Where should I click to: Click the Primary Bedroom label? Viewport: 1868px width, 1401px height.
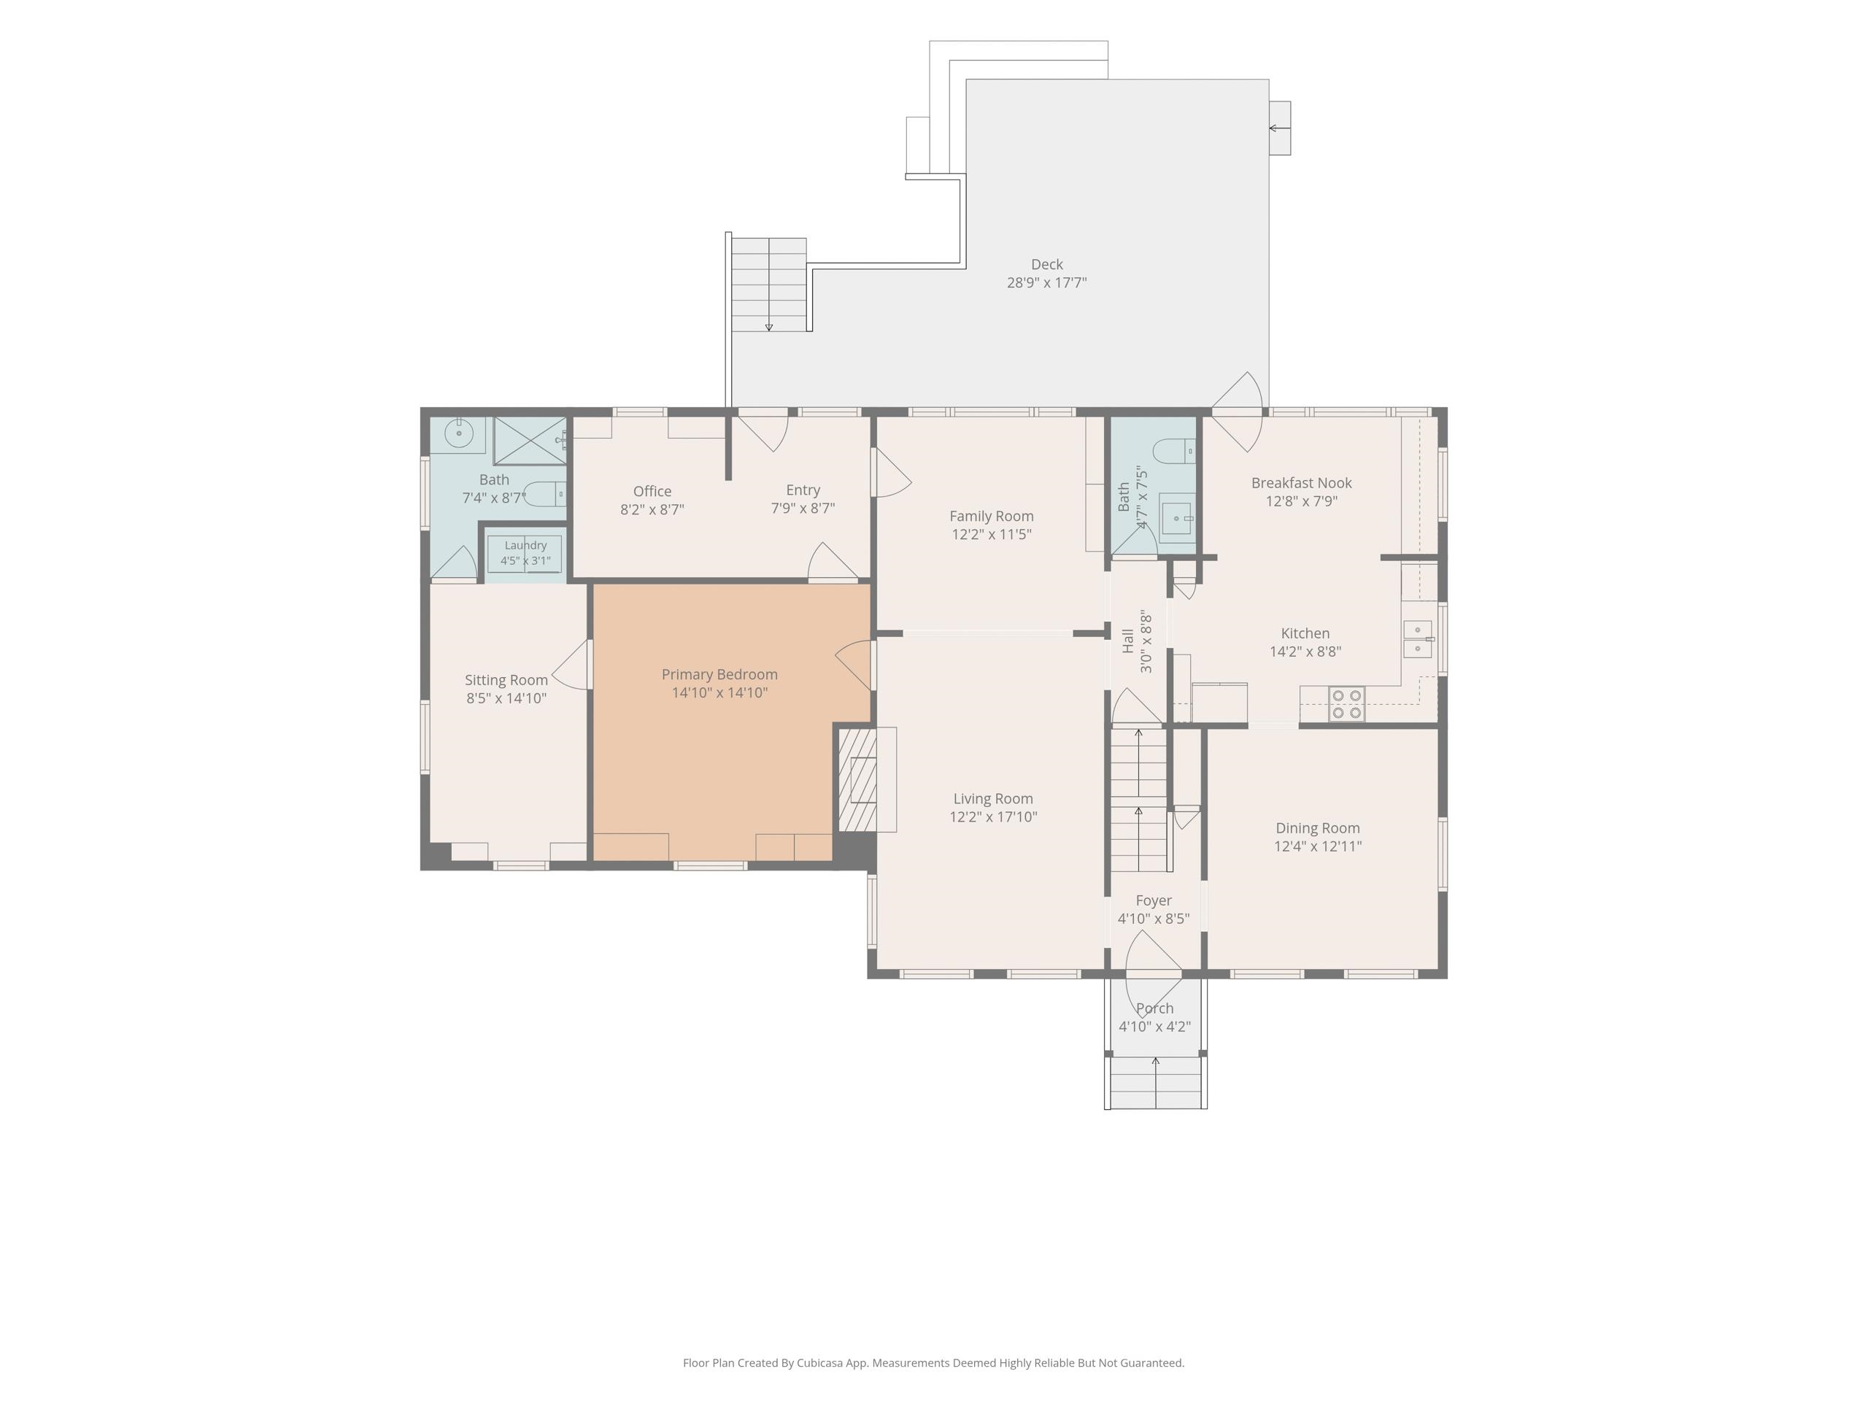(719, 674)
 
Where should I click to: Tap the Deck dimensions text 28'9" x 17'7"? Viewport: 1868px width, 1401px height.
(1046, 283)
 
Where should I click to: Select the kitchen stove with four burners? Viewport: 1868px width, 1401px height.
(1346, 704)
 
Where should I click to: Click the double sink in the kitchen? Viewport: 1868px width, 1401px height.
(1417, 639)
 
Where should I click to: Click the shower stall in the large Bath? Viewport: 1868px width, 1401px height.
(530, 440)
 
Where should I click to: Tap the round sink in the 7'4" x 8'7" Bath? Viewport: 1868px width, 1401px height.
(458, 433)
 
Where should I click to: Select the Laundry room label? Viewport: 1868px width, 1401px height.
(525, 546)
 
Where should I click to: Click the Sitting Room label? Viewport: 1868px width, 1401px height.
(506, 680)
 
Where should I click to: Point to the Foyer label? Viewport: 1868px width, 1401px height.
(1154, 900)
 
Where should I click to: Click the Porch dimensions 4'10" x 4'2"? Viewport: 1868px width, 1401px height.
(1154, 1027)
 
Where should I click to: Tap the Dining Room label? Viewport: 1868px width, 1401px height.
(1317, 827)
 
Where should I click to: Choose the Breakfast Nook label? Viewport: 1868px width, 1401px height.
(1301, 482)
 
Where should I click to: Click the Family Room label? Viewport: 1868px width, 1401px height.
(992, 516)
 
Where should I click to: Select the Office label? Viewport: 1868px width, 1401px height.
(652, 490)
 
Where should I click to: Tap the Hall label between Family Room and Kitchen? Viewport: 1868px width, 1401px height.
(1128, 641)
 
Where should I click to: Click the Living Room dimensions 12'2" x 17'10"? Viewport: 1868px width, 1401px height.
(993, 817)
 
